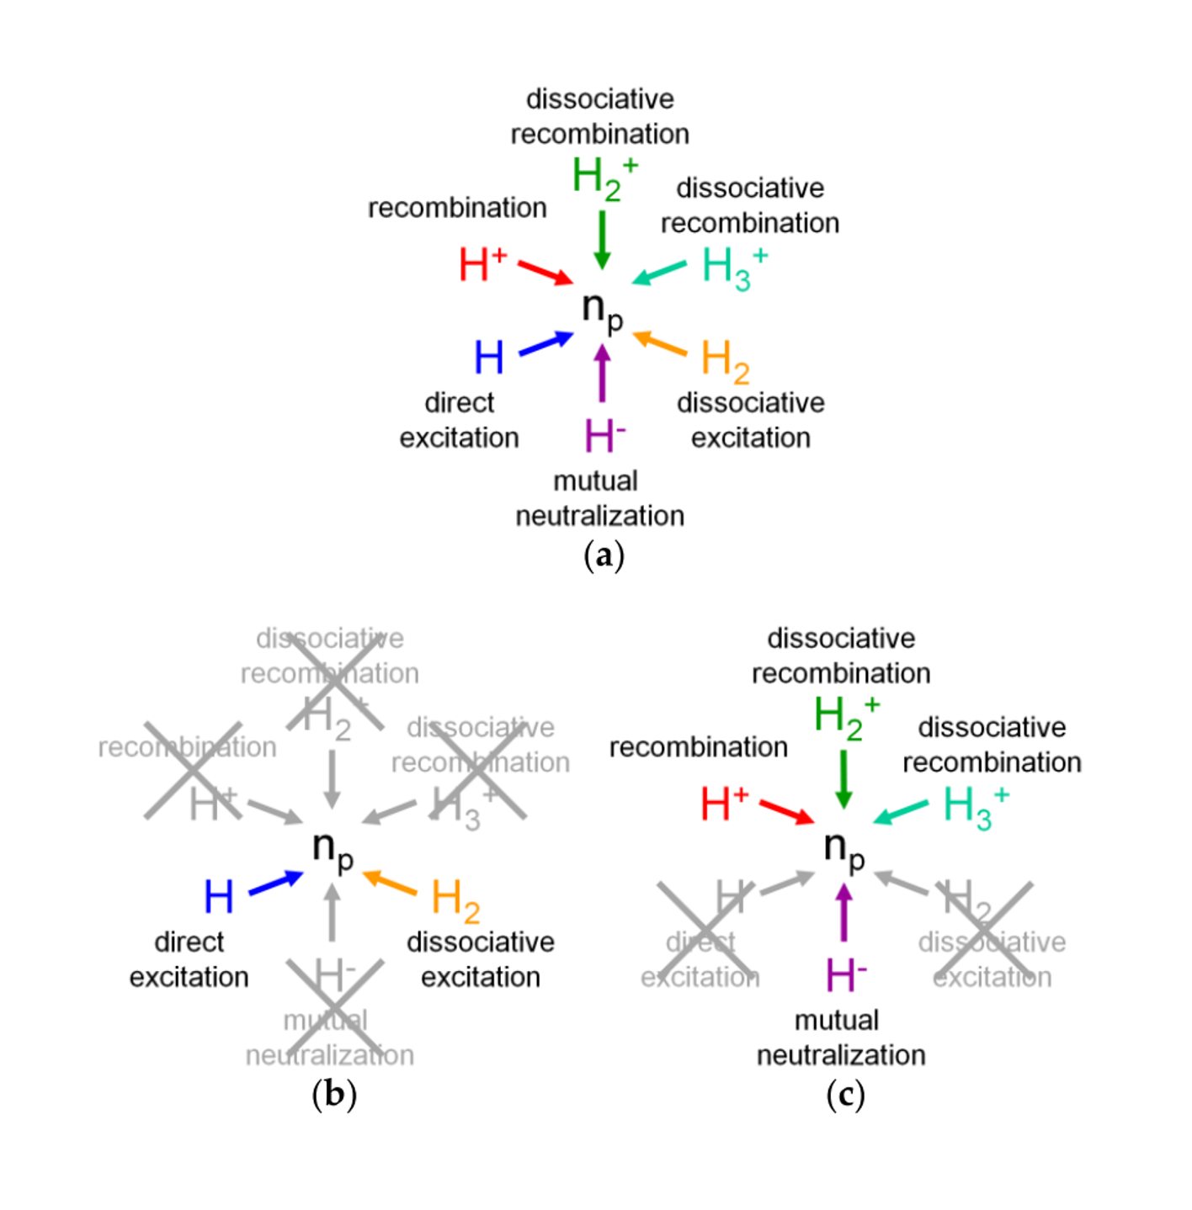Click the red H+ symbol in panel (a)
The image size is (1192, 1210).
pyautogui.click(x=482, y=264)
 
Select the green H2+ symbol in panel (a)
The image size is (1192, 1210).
pyautogui.click(x=604, y=178)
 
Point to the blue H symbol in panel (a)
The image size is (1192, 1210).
pyautogui.click(x=489, y=358)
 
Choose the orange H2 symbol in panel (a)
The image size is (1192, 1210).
pyautogui.click(x=724, y=360)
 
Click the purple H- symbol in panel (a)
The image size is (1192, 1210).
pyautogui.click(x=604, y=436)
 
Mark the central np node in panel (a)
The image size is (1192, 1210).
pyautogui.click(x=602, y=309)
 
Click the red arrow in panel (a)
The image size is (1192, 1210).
pyautogui.click(x=545, y=273)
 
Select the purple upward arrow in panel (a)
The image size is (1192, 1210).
pyautogui.click(x=602, y=373)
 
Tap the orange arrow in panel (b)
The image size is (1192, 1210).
pyautogui.click(x=390, y=883)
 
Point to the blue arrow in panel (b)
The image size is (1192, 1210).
pyautogui.click(x=275, y=883)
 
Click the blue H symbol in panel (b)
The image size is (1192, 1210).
pyautogui.click(x=219, y=897)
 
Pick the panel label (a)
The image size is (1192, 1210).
pyautogui.click(x=604, y=556)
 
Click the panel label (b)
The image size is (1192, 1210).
pyautogui.click(x=333, y=1095)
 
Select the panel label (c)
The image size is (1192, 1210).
pyautogui.click(x=844, y=1095)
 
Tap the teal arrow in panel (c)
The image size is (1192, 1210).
pyautogui.click(x=900, y=812)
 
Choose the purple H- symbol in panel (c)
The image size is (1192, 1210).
pyautogui.click(x=845, y=975)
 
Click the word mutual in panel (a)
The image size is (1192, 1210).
pyautogui.click(x=595, y=481)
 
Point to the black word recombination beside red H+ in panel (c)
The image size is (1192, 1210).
pyautogui.click(x=698, y=747)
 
